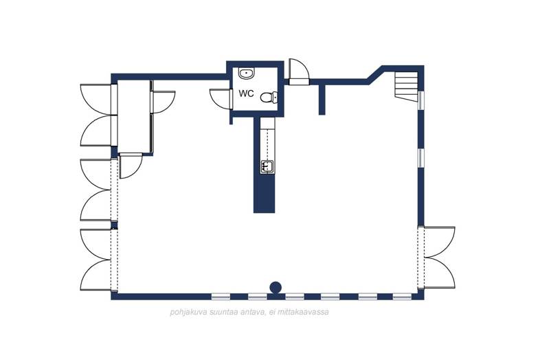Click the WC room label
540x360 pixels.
pos(247,93)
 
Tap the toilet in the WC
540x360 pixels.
pos(269,97)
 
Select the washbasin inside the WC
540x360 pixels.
pos(247,73)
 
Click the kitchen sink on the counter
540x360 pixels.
pos(267,166)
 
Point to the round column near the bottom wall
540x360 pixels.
pos(275,287)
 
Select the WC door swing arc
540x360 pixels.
pos(220,98)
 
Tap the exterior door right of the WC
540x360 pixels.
pos(299,72)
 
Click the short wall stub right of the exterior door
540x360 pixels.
pos(322,99)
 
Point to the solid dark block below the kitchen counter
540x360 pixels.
pos(265,194)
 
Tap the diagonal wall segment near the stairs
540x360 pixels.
pos(375,74)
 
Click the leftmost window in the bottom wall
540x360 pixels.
pos(221,296)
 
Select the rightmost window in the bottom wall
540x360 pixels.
pos(402,296)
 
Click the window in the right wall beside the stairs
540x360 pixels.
pos(421,100)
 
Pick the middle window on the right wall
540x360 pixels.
pos(421,159)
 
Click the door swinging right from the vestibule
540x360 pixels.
pos(163,102)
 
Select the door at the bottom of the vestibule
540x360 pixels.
pos(130,166)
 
